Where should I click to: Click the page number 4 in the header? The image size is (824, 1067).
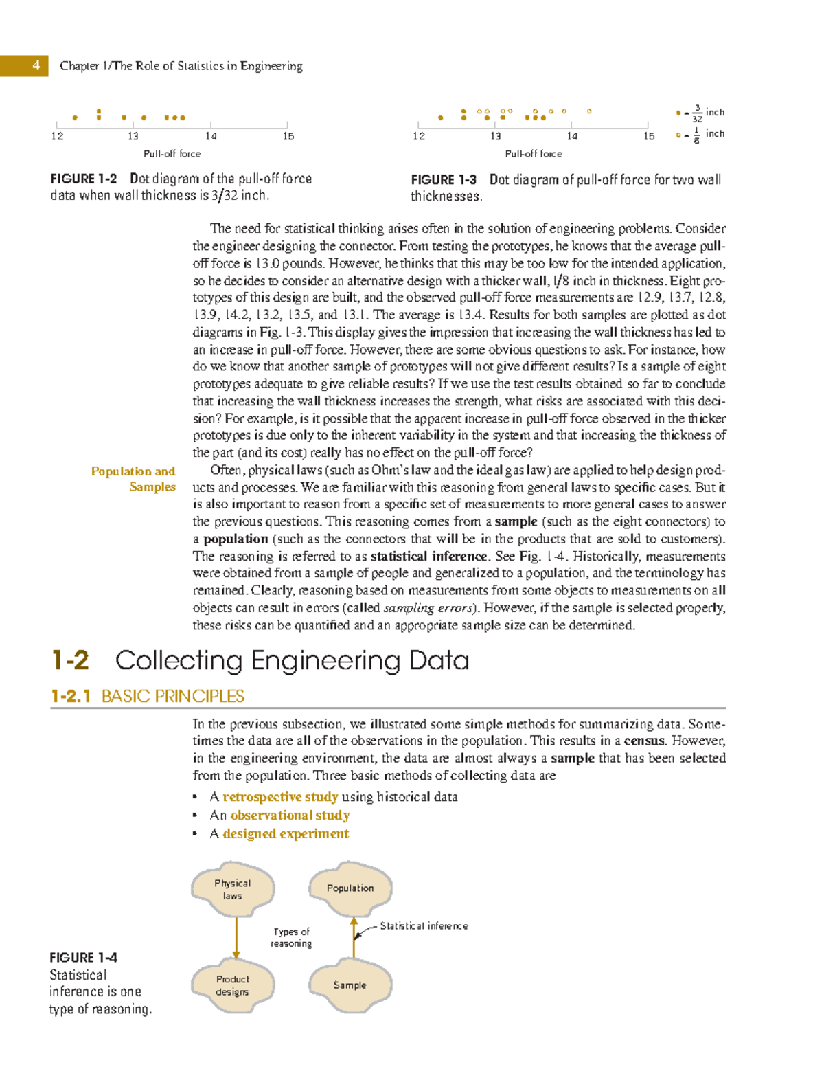[x=36, y=65]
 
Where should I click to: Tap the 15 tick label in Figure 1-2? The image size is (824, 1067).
[x=288, y=136]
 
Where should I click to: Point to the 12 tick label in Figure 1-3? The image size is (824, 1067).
[x=418, y=136]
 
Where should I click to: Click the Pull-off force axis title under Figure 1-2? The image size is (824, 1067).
[x=172, y=154]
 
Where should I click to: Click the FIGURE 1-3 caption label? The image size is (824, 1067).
[x=444, y=180]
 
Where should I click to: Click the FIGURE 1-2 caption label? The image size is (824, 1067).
[x=83, y=179]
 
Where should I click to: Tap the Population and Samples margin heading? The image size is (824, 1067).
[x=133, y=479]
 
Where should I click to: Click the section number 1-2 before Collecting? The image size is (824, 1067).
[x=70, y=661]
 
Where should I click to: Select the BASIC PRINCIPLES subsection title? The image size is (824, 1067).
[x=172, y=697]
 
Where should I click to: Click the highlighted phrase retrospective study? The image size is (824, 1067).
[x=280, y=797]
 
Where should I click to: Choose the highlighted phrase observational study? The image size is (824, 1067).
[x=290, y=816]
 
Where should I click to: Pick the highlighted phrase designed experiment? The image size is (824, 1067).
[x=286, y=834]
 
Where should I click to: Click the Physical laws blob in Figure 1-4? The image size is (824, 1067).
[x=233, y=890]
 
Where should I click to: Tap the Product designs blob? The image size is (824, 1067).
[x=233, y=986]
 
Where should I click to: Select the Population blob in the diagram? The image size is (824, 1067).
[x=350, y=888]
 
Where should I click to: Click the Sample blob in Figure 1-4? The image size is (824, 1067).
[x=350, y=985]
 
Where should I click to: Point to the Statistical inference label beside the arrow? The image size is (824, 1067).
[x=424, y=926]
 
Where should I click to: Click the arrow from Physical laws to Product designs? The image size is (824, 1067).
[x=236, y=938]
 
